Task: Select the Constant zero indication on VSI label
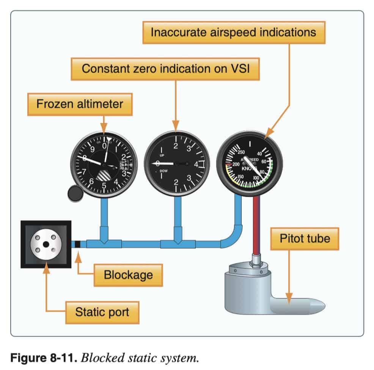[x=165, y=69]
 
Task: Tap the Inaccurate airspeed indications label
[x=233, y=32]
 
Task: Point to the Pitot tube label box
[x=305, y=238]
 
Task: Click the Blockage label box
[x=128, y=274]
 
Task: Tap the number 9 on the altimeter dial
[x=91, y=149]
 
